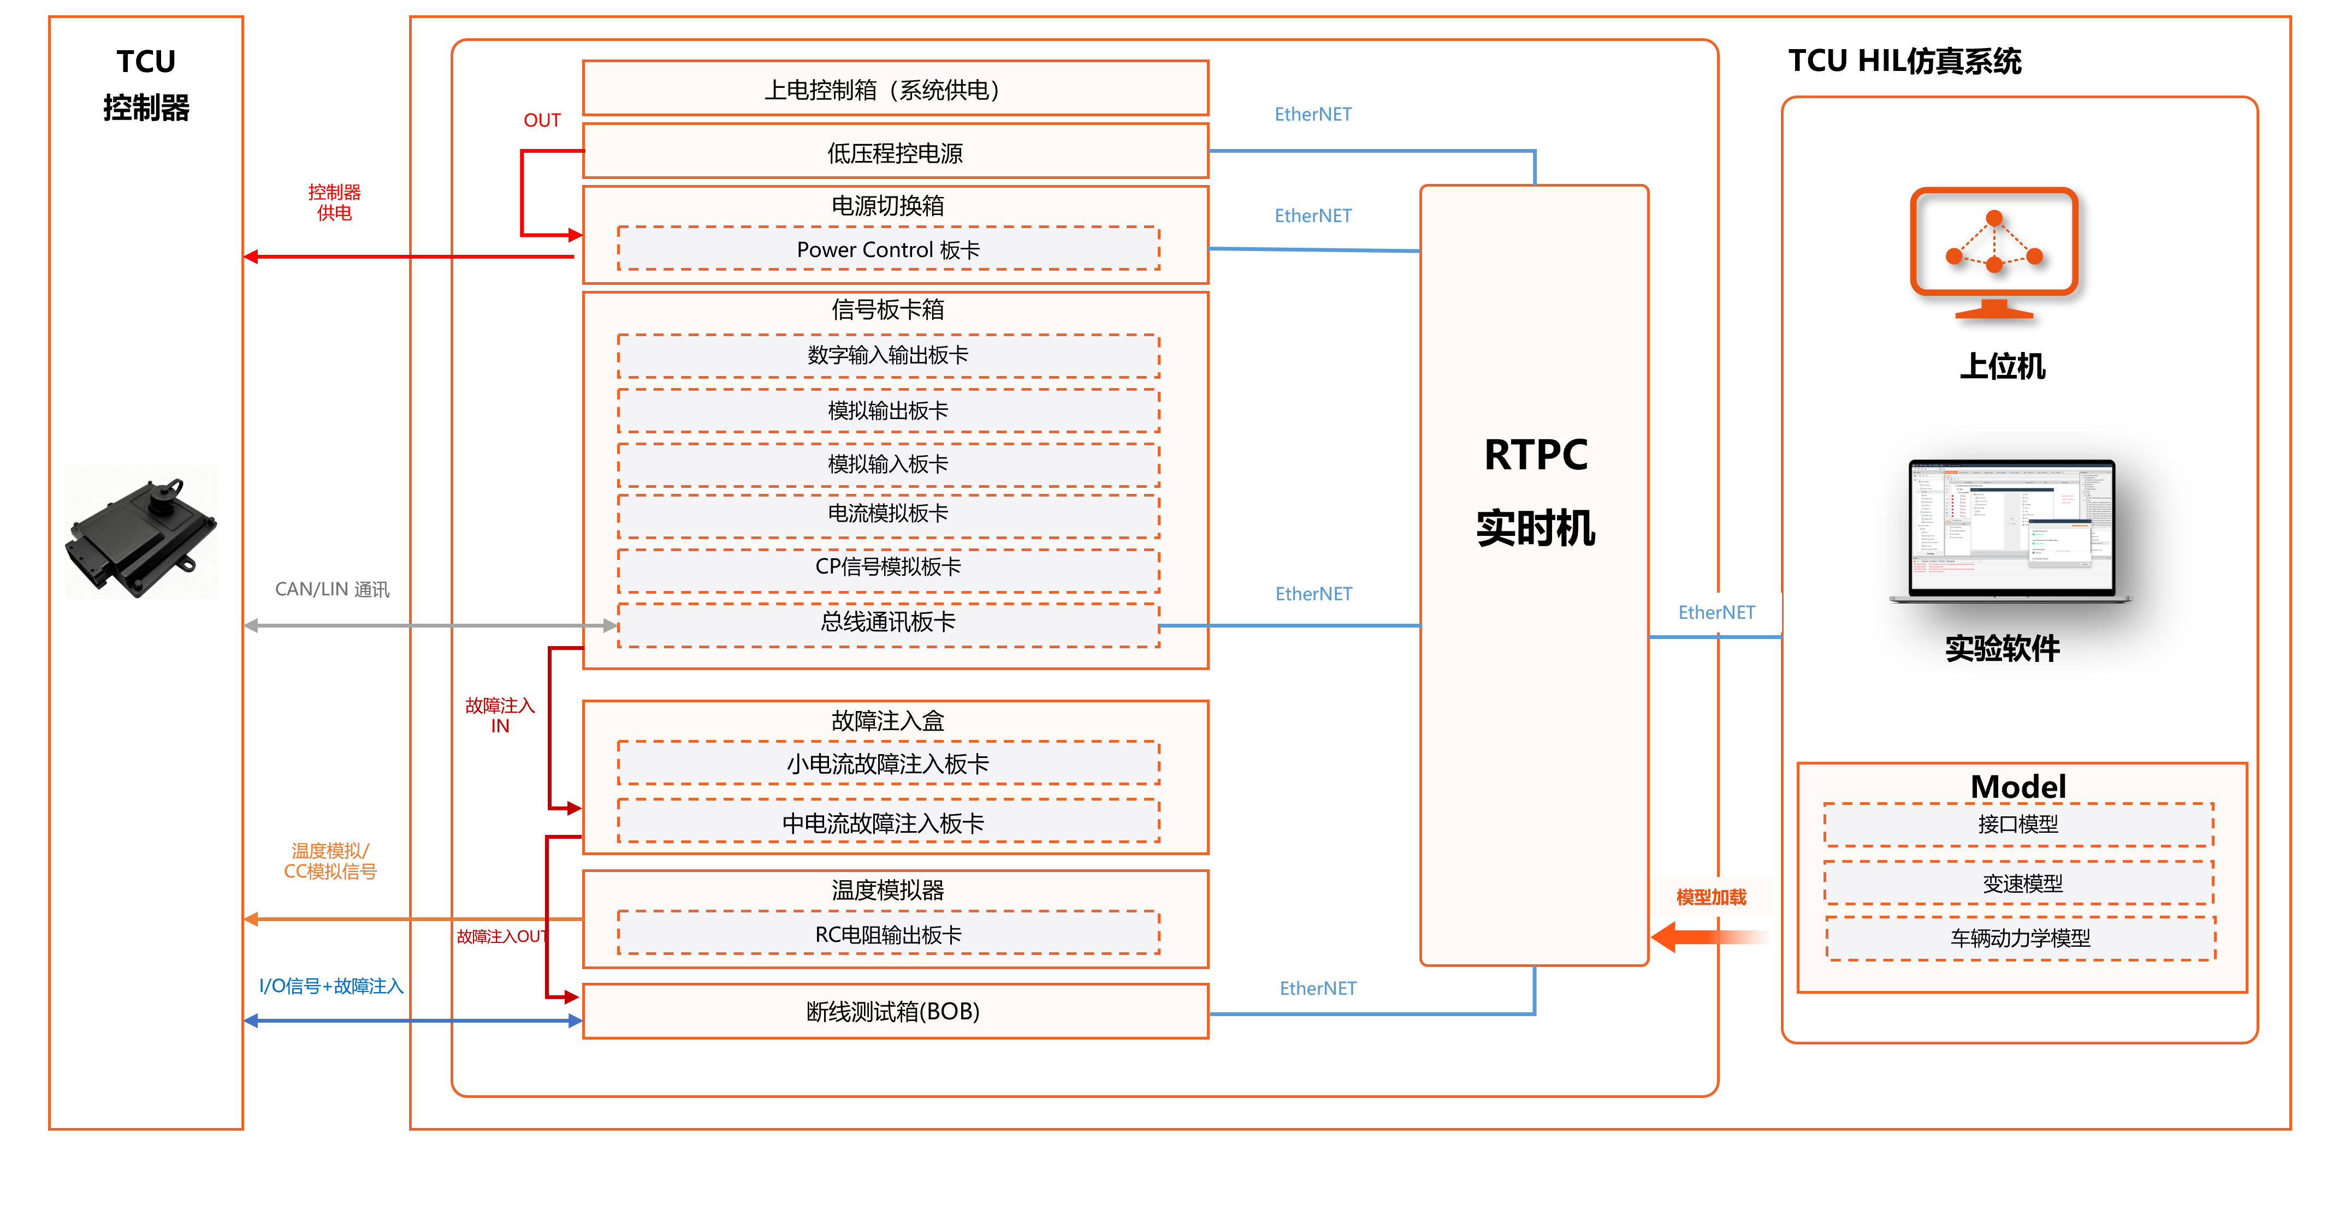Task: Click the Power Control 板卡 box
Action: [x=888, y=249]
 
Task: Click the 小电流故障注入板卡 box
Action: [x=888, y=764]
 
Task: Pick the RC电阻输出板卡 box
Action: [x=888, y=934]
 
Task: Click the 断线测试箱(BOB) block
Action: [x=895, y=1011]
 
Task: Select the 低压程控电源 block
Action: [x=895, y=153]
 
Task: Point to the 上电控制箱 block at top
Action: [x=895, y=89]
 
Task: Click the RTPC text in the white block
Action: [x=1536, y=454]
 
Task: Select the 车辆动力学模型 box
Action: [x=2020, y=938]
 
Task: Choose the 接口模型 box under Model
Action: [x=2018, y=825]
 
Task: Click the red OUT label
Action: [x=542, y=120]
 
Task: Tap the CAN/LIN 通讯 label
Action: [x=331, y=589]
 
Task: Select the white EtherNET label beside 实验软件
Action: [x=1716, y=612]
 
